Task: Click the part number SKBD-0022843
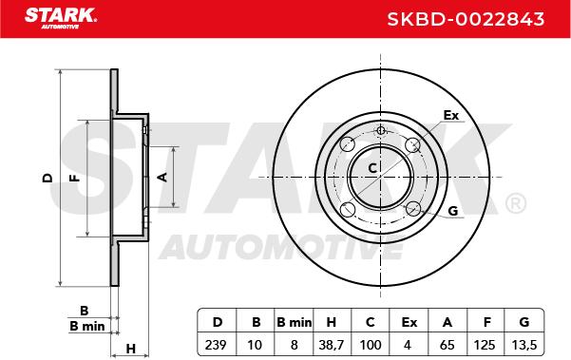click(466, 19)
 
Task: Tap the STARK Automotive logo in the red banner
click(61, 18)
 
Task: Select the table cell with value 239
click(216, 345)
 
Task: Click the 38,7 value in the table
click(331, 345)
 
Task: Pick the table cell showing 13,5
click(524, 345)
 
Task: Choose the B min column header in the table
click(294, 322)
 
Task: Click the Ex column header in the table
click(409, 322)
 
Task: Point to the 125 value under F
click(485, 345)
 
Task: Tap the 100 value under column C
click(370, 345)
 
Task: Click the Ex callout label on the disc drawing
click(451, 115)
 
